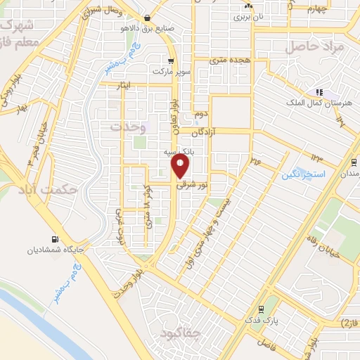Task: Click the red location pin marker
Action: coord(181,166)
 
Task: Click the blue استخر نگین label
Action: coord(302,173)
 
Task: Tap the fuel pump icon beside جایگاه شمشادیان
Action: coord(55,239)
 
